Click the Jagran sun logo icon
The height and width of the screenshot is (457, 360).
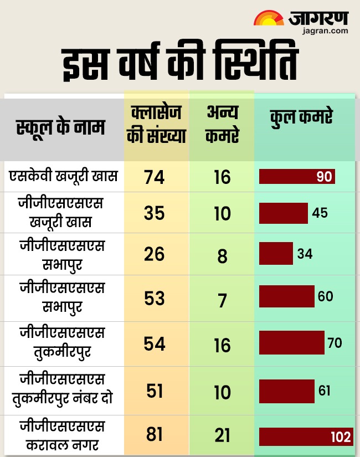click(x=269, y=18)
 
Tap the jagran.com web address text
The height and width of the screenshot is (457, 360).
click(x=326, y=31)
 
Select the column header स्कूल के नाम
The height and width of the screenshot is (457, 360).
click(x=60, y=129)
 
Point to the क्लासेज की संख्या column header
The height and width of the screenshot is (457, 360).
click(x=156, y=126)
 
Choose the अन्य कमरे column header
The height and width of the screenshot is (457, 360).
click(x=222, y=126)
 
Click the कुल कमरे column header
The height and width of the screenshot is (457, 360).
click(x=301, y=117)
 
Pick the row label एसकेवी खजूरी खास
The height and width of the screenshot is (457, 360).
click(x=63, y=176)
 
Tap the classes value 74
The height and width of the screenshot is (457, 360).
click(x=155, y=177)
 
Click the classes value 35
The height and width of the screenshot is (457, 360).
click(x=155, y=213)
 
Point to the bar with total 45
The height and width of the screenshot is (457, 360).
click(x=284, y=213)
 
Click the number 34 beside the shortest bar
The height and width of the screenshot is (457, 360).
click(x=305, y=254)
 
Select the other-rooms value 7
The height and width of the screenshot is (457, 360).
click(x=222, y=300)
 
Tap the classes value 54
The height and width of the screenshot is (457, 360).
click(x=155, y=343)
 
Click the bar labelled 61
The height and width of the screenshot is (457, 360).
click(x=287, y=391)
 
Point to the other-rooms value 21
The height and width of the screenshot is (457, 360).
click(x=222, y=436)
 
